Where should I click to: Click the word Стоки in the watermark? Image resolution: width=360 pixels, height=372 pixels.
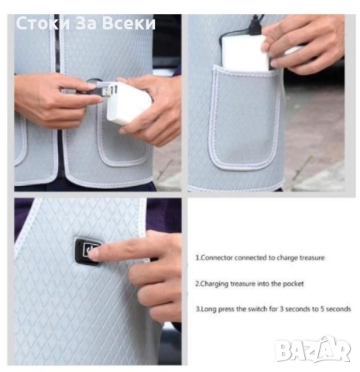(43, 23)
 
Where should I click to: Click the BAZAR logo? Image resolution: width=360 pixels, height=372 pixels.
(312, 349)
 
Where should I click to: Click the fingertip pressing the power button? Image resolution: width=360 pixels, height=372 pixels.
(94, 254)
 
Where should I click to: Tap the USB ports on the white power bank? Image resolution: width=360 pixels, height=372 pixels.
(113, 91)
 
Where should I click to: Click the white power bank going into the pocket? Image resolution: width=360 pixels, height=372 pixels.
(245, 53)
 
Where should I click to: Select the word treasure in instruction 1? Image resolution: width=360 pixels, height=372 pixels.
(312, 257)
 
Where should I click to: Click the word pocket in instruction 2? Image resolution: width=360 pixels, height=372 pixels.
(293, 284)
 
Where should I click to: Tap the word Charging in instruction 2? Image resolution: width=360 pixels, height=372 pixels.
(214, 284)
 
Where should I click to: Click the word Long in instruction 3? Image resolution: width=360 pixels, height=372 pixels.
(208, 309)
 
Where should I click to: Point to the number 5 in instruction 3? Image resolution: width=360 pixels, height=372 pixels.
(322, 309)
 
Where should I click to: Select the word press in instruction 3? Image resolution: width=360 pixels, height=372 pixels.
(225, 309)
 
